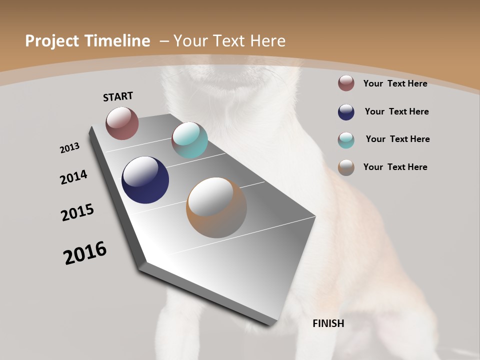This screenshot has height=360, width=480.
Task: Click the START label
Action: [x=118, y=96]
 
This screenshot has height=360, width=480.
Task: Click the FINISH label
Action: [x=328, y=323]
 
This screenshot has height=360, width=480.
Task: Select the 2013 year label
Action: [x=69, y=148]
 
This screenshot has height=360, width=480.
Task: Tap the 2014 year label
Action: [x=74, y=177]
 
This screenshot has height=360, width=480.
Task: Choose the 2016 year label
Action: [x=85, y=253]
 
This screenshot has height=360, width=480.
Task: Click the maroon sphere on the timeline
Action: [x=122, y=123]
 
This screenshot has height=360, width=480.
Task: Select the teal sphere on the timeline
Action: [x=189, y=140]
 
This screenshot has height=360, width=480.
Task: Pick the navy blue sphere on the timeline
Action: [x=145, y=180]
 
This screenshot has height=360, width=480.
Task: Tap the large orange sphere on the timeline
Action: [x=216, y=207]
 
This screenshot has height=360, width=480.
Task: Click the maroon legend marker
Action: [x=346, y=83]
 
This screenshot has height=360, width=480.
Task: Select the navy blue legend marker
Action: [x=346, y=112]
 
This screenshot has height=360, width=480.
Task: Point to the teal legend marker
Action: [x=346, y=140]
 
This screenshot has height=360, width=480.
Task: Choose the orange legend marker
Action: [x=346, y=167]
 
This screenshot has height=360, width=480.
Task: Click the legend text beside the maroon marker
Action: [x=395, y=83]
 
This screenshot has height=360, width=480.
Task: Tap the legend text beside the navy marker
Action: [x=396, y=111]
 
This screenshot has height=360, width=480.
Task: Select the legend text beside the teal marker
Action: [x=397, y=139]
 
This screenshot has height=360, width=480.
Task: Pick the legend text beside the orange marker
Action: [x=395, y=167]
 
